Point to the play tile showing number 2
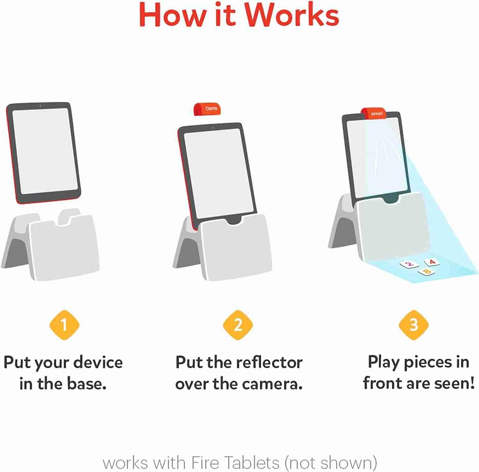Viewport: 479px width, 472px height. (x=408, y=265)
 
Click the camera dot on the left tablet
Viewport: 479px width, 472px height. (x=41, y=106)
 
